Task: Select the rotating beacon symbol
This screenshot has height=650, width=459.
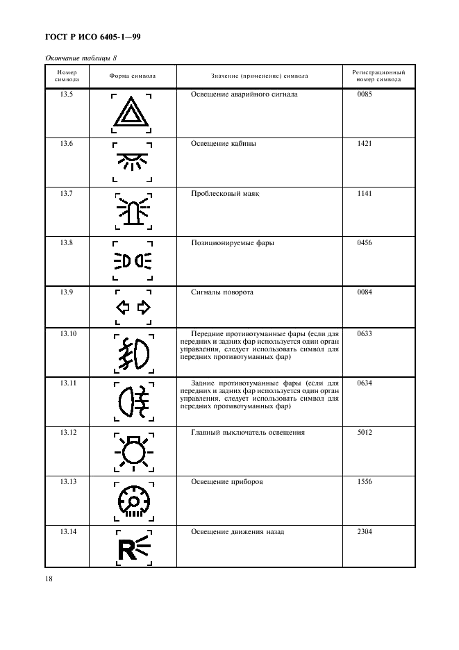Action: [133, 210]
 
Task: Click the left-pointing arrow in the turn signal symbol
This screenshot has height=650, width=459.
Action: [122, 307]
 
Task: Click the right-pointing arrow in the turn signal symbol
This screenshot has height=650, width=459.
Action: [144, 307]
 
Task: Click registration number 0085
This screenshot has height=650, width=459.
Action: [365, 94]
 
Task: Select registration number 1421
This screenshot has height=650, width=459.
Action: [365, 144]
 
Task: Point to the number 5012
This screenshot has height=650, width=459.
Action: [365, 433]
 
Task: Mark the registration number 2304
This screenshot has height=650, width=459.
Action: [365, 532]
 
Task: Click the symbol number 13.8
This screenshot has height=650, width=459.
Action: [67, 243]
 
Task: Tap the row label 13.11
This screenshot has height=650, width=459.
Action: [67, 383]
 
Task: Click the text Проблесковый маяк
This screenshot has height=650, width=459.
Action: [225, 194]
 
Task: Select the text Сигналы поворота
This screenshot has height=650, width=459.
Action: [222, 292]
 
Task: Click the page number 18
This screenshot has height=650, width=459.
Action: [50, 578]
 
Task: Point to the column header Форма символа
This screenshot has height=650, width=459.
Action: [132, 75]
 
